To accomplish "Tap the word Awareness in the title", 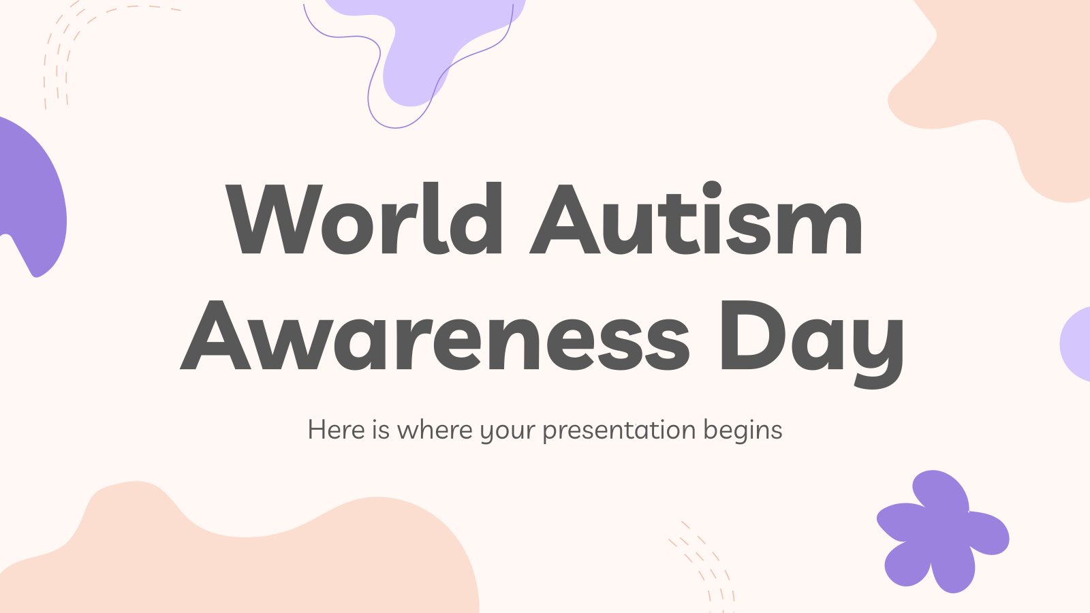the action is click(x=435, y=335).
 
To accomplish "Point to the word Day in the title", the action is click(x=811, y=343).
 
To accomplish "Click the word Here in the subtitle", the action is click(x=337, y=430).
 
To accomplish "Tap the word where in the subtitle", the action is click(x=435, y=430).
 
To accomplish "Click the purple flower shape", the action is click(x=943, y=531).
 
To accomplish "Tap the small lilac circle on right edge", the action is click(x=1076, y=343).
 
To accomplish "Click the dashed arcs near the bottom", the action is click(x=703, y=567).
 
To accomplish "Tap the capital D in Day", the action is click(x=753, y=335).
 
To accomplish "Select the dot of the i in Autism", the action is click(x=713, y=190).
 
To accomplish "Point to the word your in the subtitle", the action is click(x=508, y=432).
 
